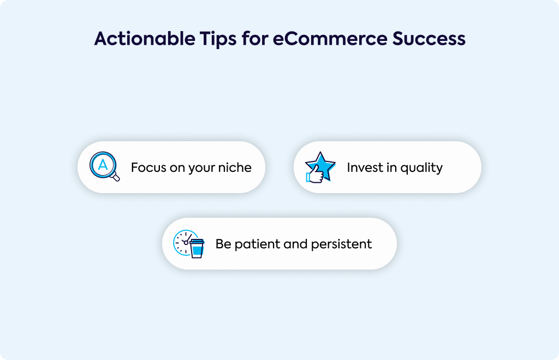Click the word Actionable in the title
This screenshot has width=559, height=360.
[144, 39]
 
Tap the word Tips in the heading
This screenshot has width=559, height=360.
[218, 39]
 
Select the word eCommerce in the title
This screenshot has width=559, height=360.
[330, 39]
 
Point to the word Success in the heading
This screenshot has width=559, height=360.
[429, 39]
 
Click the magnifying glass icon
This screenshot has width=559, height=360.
[104, 166]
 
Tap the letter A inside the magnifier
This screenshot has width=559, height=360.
[103, 165]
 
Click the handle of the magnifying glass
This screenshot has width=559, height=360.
[115, 176]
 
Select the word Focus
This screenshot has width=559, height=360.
[148, 167]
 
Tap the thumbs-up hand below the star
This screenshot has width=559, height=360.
[315, 175]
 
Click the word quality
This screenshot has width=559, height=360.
[421, 168]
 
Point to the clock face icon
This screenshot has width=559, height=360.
[183, 242]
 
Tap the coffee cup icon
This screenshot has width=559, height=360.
[197, 248]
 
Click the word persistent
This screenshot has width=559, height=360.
[341, 244]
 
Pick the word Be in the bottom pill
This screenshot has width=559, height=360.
[223, 244]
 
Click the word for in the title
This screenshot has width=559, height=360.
[255, 39]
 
